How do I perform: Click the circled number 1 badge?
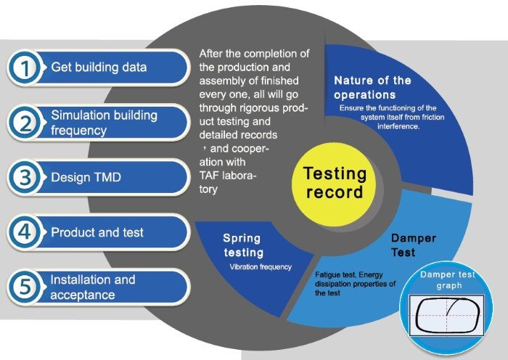[25, 67]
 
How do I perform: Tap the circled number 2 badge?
[25, 123]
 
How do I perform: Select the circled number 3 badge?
[25, 178]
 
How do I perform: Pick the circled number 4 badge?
[25, 232]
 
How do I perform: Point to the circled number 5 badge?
[25, 287]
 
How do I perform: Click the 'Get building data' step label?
[99, 67]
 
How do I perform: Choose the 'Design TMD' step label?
[86, 177]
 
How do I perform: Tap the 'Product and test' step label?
[97, 232]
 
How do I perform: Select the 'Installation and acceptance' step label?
[93, 287]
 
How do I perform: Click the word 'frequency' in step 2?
[78, 130]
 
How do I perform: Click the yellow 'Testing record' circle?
[334, 184]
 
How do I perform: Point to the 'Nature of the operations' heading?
[372, 88]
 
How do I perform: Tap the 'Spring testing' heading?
[243, 245]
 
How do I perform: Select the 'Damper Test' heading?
[414, 245]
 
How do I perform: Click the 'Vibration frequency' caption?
[261, 267]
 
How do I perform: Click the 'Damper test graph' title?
[448, 280]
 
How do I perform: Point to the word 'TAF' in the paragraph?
[209, 176]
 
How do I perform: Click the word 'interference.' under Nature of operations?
[398, 126]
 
